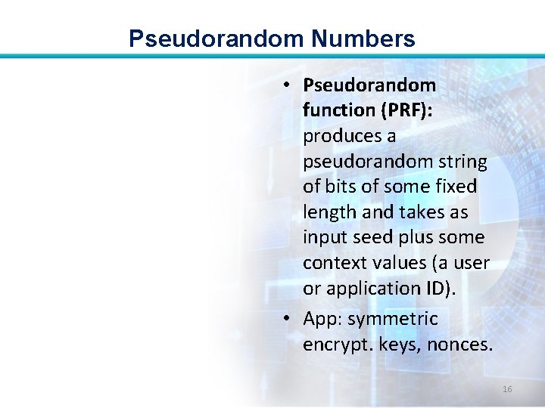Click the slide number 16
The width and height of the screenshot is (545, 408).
coord(507,389)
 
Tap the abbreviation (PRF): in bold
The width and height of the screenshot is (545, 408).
coord(405,110)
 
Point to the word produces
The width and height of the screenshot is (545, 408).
coord(339,136)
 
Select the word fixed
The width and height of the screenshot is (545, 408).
coord(456,187)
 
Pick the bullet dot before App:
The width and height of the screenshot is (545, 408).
coord(289,319)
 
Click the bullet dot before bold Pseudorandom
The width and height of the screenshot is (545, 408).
coord(289,85)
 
